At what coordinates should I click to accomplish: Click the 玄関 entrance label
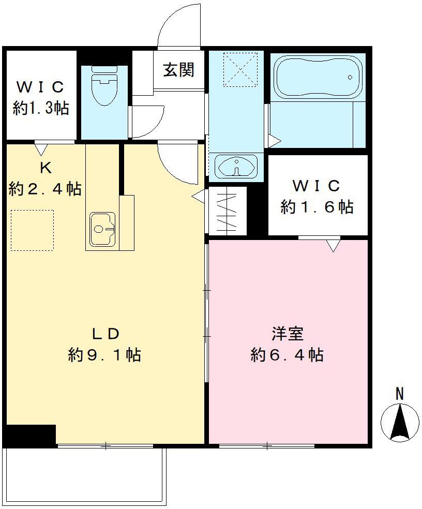pyautogui.click(x=179, y=70)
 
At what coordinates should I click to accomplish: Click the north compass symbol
pyautogui.click(x=399, y=421)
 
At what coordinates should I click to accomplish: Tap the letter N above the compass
pyautogui.click(x=399, y=394)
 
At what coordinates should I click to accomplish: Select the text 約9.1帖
pyautogui.click(x=104, y=355)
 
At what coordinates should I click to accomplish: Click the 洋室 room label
pyautogui.click(x=287, y=334)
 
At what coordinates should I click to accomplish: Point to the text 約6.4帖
pyautogui.click(x=287, y=355)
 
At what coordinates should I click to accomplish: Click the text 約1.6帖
pyautogui.click(x=317, y=207)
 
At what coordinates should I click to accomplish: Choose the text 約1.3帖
pyautogui.click(x=40, y=108)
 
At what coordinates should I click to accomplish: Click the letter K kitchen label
pyautogui.click(x=45, y=168)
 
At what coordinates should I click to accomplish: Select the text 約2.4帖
pyautogui.click(x=45, y=189)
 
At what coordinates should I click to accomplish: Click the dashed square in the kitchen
pyautogui.click(x=32, y=230)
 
